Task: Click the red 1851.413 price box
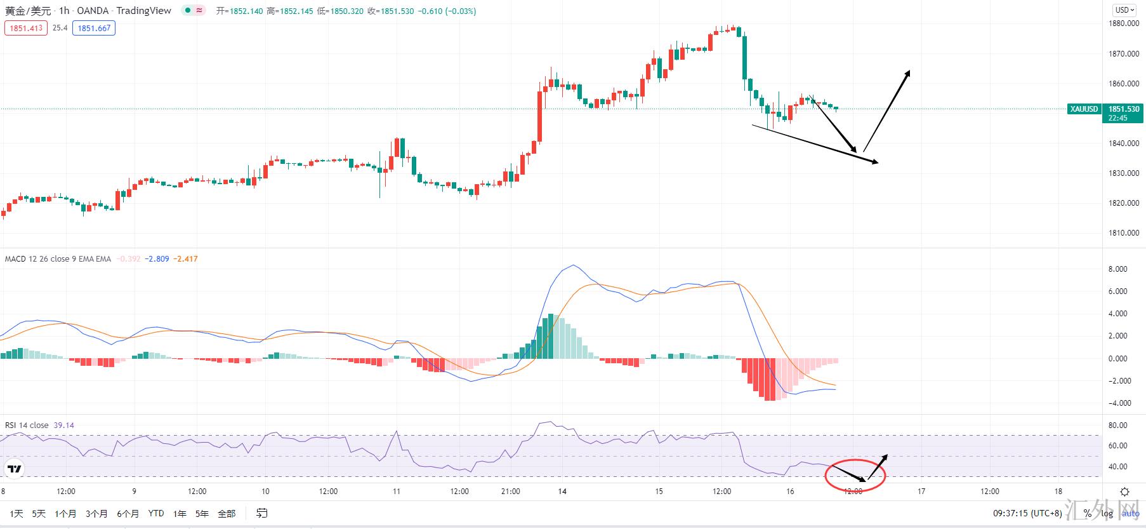(x=26, y=28)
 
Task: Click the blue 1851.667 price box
(x=94, y=28)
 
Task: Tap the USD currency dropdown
(x=1124, y=10)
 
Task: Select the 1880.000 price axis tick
(x=1123, y=23)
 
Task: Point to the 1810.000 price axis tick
(x=1123, y=233)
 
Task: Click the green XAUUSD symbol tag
(x=1084, y=109)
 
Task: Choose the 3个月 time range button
(x=96, y=513)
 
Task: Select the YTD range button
(x=155, y=513)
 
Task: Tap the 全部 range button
(x=227, y=513)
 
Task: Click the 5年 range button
(x=202, y=513)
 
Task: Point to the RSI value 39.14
(x=64, y=425)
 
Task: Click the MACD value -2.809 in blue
(x=157, y=259)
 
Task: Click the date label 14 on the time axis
(x=562, y=492)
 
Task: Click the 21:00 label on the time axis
(x=510, y=492)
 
